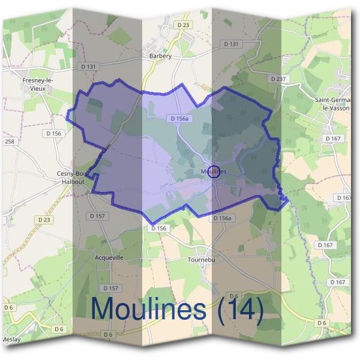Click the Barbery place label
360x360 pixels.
point(160,56)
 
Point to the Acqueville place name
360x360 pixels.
point(109,257)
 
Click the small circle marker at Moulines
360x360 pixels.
point(215,172)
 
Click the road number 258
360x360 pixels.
point(9,142)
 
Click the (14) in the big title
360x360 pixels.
point(240,308)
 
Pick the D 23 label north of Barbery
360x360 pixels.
point(184,25)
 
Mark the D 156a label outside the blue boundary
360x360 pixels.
point(222,218)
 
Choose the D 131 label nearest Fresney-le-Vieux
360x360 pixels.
point(88,66)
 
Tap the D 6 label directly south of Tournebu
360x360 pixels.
point(235,296)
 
